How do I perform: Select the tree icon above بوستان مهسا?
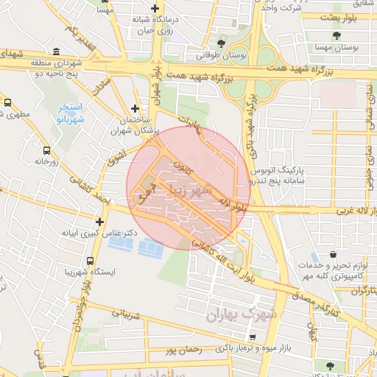click(337, 35)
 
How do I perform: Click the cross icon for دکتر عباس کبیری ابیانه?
click(99, 221)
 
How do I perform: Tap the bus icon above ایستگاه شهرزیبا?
click(90, 261)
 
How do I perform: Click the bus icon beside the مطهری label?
click(7, 104)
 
